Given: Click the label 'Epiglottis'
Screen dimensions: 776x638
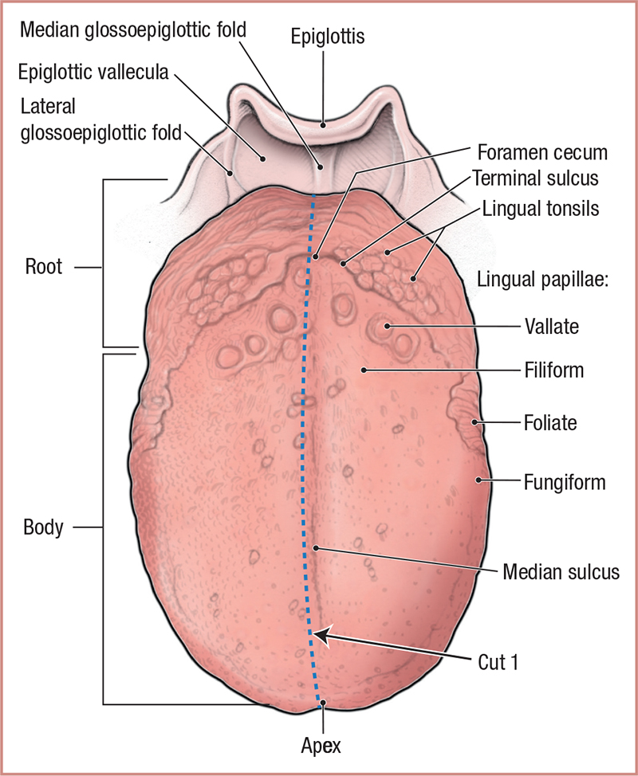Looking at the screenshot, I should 328,37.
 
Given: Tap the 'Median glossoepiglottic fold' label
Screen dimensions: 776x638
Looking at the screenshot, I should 133,29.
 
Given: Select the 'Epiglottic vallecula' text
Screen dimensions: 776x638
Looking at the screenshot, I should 93,73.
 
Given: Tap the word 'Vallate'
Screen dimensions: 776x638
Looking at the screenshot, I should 552,325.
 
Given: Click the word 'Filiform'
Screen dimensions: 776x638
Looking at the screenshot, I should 554,370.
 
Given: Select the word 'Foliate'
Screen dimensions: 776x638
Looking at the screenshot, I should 550,423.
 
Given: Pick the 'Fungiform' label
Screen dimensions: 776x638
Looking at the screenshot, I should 565,481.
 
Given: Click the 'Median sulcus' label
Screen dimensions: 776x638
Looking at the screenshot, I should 561,571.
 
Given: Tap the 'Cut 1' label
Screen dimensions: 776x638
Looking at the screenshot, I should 497,662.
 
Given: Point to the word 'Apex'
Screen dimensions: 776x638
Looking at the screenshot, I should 322,747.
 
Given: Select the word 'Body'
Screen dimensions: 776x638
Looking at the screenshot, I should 43,527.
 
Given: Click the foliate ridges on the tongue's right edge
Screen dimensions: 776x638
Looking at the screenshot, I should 471,414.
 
